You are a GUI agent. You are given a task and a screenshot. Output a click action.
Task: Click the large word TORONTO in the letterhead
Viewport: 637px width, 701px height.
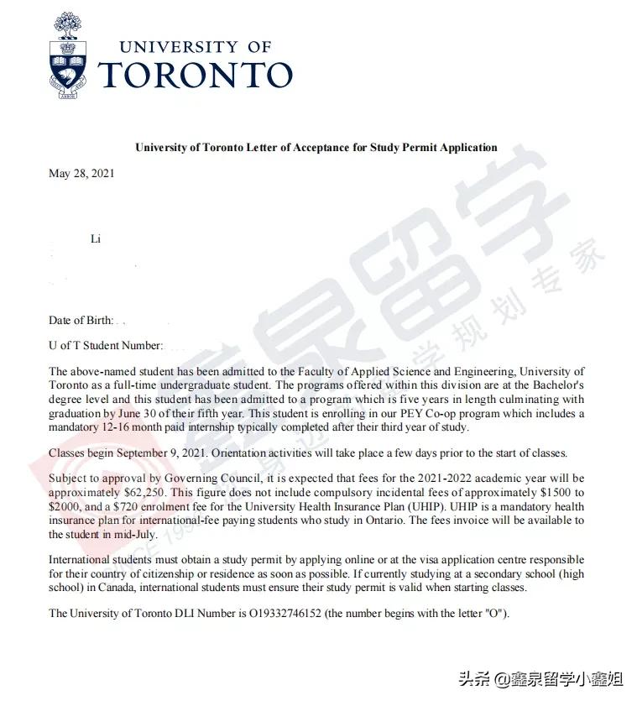[x=196, y=75]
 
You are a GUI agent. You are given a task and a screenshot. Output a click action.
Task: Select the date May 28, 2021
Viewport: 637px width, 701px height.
[x=81, y=174]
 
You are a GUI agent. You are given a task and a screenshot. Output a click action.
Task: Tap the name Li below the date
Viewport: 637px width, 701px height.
[x=96, y=239]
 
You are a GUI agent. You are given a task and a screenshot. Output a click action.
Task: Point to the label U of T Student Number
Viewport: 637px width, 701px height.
[x=104, y=345]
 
